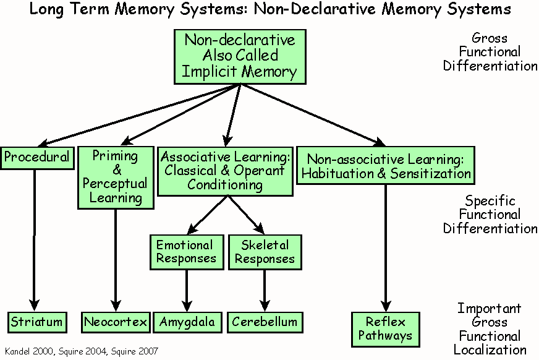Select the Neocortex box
coord(116,322)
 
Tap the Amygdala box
coord(187,322)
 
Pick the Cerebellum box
coord(265,322)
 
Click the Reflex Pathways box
coord(385,329)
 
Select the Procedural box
coord(37,157)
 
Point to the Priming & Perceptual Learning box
coord(115,176)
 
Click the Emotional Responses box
coord(185,252)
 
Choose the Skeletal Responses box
coord(265,252)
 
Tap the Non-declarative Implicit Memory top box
coord(239,56)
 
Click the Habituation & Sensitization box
coord(386,165)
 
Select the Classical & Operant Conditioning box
coord(225,170)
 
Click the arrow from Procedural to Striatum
coord(35,241)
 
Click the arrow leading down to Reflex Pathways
coord(386,247)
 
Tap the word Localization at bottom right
coord(490,350)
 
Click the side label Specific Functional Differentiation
coord(490,215)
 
